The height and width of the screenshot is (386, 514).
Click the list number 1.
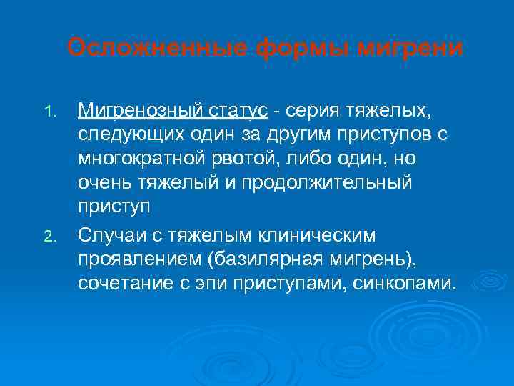(x=49, y=112)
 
